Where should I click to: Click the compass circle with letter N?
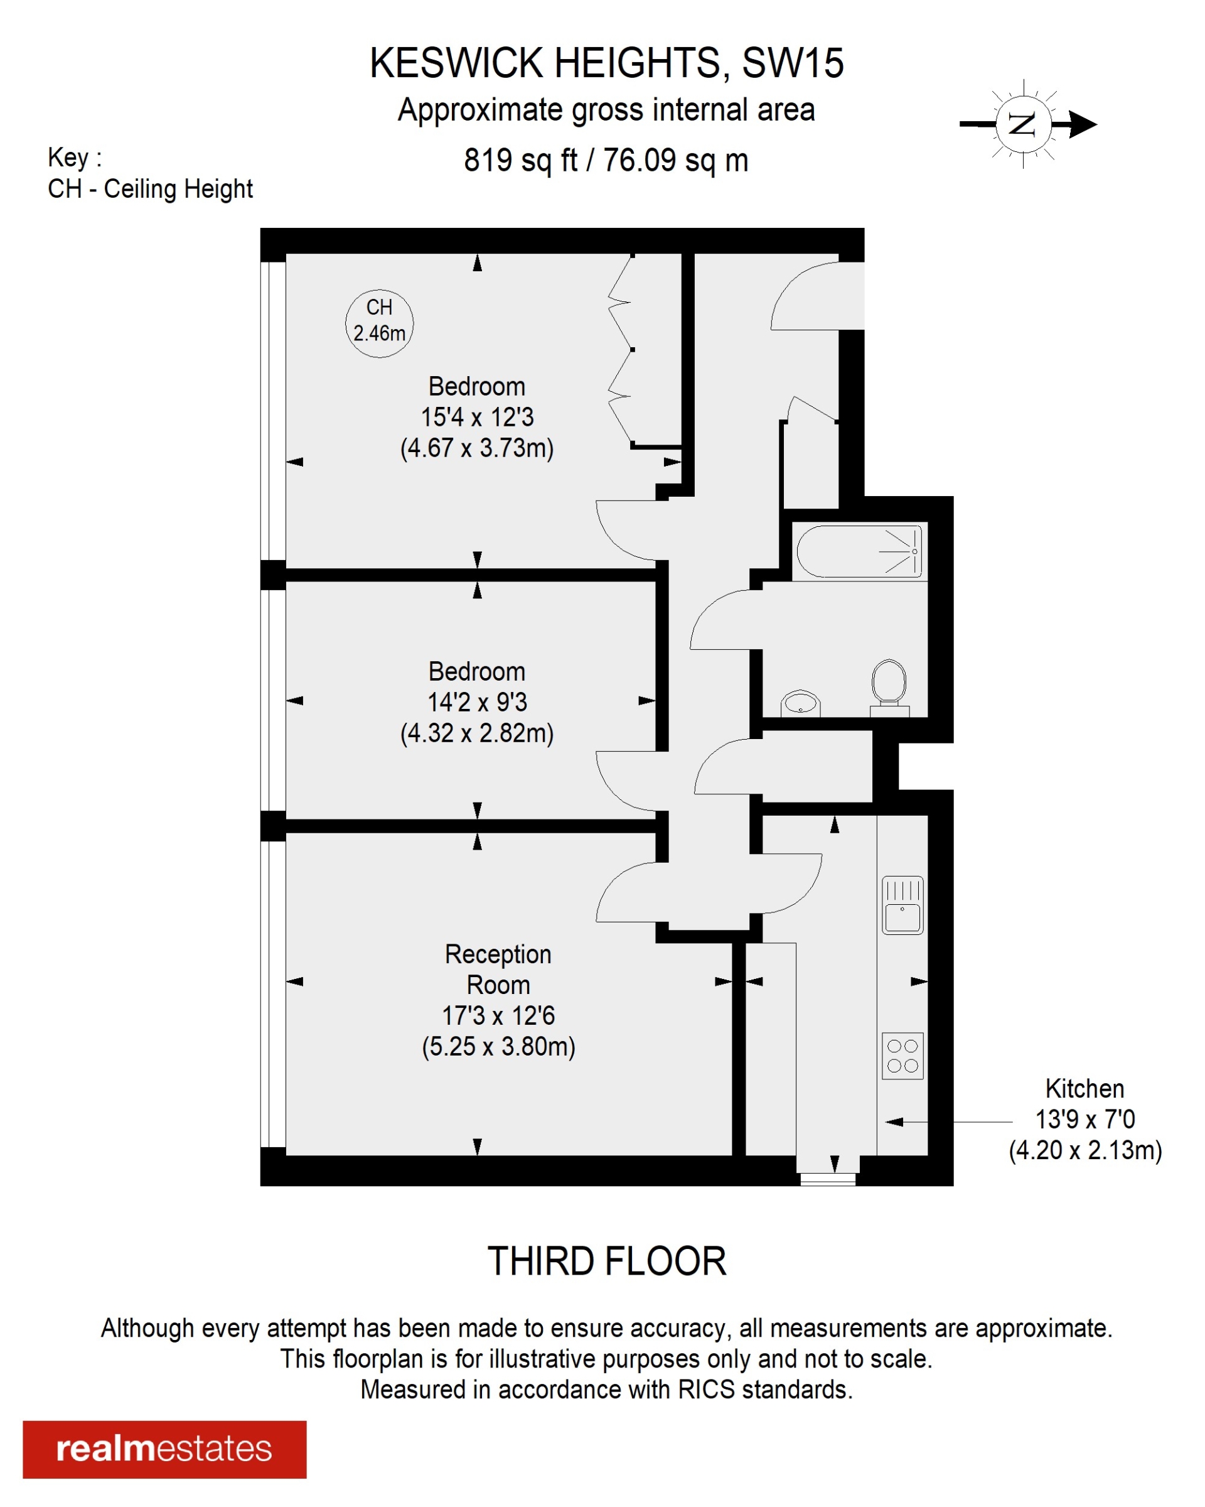pyautogui.click(x=1022, y=124)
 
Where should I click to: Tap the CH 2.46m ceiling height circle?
pyautogui.click(x=379, y=323)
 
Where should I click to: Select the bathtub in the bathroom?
pyautogui.click(x=859, y=551)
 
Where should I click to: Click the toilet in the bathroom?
pyautogui.click(x=889, y=684)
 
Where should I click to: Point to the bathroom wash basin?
pyautogui.click(x=800, y=703)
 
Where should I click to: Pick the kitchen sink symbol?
pyautogui.click(x=902, y=905)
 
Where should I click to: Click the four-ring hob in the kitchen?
pyautogui.click(x=902, y=1056)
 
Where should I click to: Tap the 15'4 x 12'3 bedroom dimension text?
pyautogui.click(x=476, y=418)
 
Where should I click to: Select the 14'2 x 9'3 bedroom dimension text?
pyautogui.click(x=476, y=702)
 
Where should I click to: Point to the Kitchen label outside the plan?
pyautogui.click(x=1084, y=1088)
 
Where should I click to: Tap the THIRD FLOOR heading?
pyautogui.click(x=606, y=1261)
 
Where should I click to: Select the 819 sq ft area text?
pyautogui.click(x=520, y=160)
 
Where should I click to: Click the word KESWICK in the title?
pyautogui.click(x=456, y=63)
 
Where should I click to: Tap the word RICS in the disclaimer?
pyautogui.click(x=705, y=1390)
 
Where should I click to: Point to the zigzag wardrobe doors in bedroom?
pyautogui.click(x=621, y=350)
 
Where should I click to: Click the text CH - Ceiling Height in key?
pyautogui.click(x=149, y=189)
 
